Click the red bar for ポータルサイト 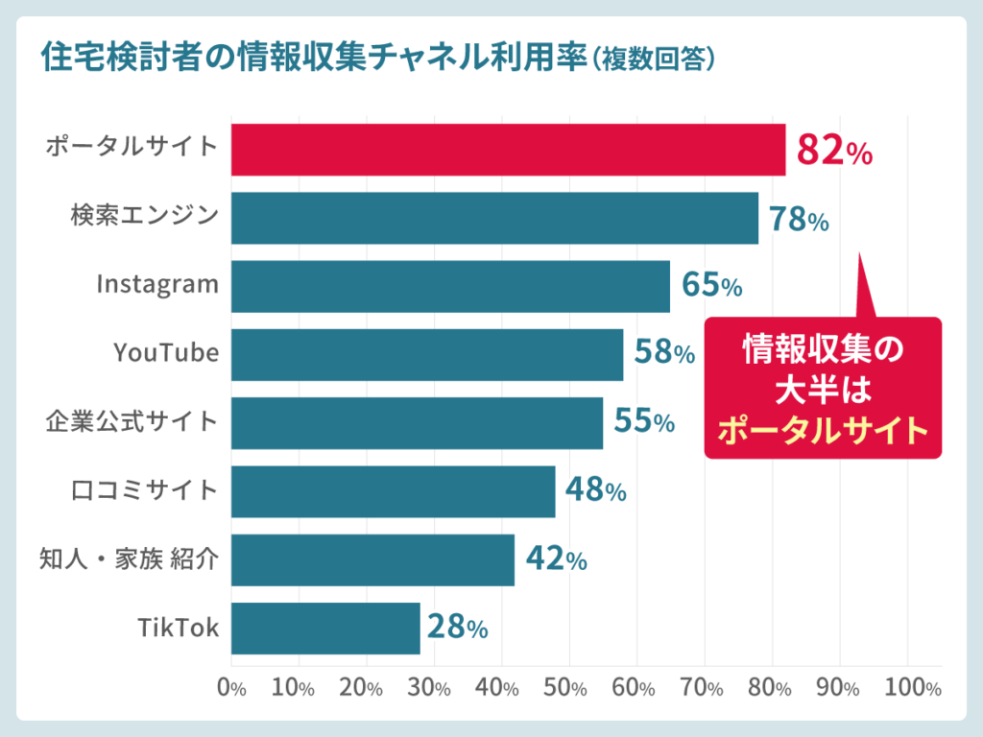pyautogui.click(x=508, y=150)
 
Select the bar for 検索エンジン pyautogui.click(x=494, y=218)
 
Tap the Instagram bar pyautogui.click(x=450, y=286)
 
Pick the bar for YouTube pyautogui.click(x=427, y=354)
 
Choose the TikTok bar pyautogui.click(x=325, y=629)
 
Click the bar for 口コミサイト pyautogui.click(x=393, y=491)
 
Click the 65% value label pyautogui.click(x=711, y=285)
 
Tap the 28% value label pyautogui.click(x=458, y=629)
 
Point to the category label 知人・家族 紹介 pyautogui.click(x=129, y=559)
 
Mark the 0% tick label pyautogui.click(x=231, y=688)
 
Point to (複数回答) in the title pyautogui.click(x=654, y=59)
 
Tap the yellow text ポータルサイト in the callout pyautogui.click(x=824, y=429)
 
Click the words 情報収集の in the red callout pyautogui.click(x=824, y=350)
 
